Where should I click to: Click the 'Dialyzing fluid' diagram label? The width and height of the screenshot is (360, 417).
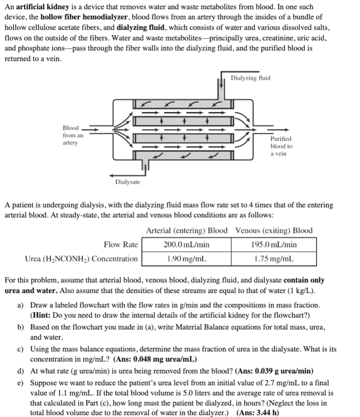[250, 78]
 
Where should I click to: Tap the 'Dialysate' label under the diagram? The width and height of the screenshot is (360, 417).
[127, 182]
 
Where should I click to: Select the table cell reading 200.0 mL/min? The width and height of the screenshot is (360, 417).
[186, 244]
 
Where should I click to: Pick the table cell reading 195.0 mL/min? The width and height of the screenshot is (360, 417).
[275, 244]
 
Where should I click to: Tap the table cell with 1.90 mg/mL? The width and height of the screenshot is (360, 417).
[186, 259]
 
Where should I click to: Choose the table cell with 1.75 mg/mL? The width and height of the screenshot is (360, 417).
[275, 259]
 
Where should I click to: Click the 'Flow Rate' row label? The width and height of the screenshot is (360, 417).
[121, 244]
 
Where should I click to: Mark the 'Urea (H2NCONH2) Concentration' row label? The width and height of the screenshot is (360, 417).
[81, 259]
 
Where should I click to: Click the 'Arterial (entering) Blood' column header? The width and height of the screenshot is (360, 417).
[187, 230]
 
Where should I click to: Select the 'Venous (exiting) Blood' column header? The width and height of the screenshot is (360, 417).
[274, 230]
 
